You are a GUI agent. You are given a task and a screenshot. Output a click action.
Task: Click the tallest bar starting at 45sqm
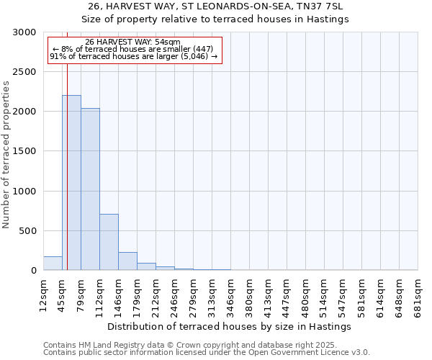[x=71, y=183]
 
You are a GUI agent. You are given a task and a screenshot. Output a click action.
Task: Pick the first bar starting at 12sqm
[x=53, y=264]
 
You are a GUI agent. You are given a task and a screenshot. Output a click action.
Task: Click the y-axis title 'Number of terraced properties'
[x=6, y=155]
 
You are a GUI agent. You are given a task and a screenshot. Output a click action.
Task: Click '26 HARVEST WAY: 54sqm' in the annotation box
[x=132, y=42]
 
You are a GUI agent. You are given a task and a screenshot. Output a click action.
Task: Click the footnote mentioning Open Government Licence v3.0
[x=207, y=353]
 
